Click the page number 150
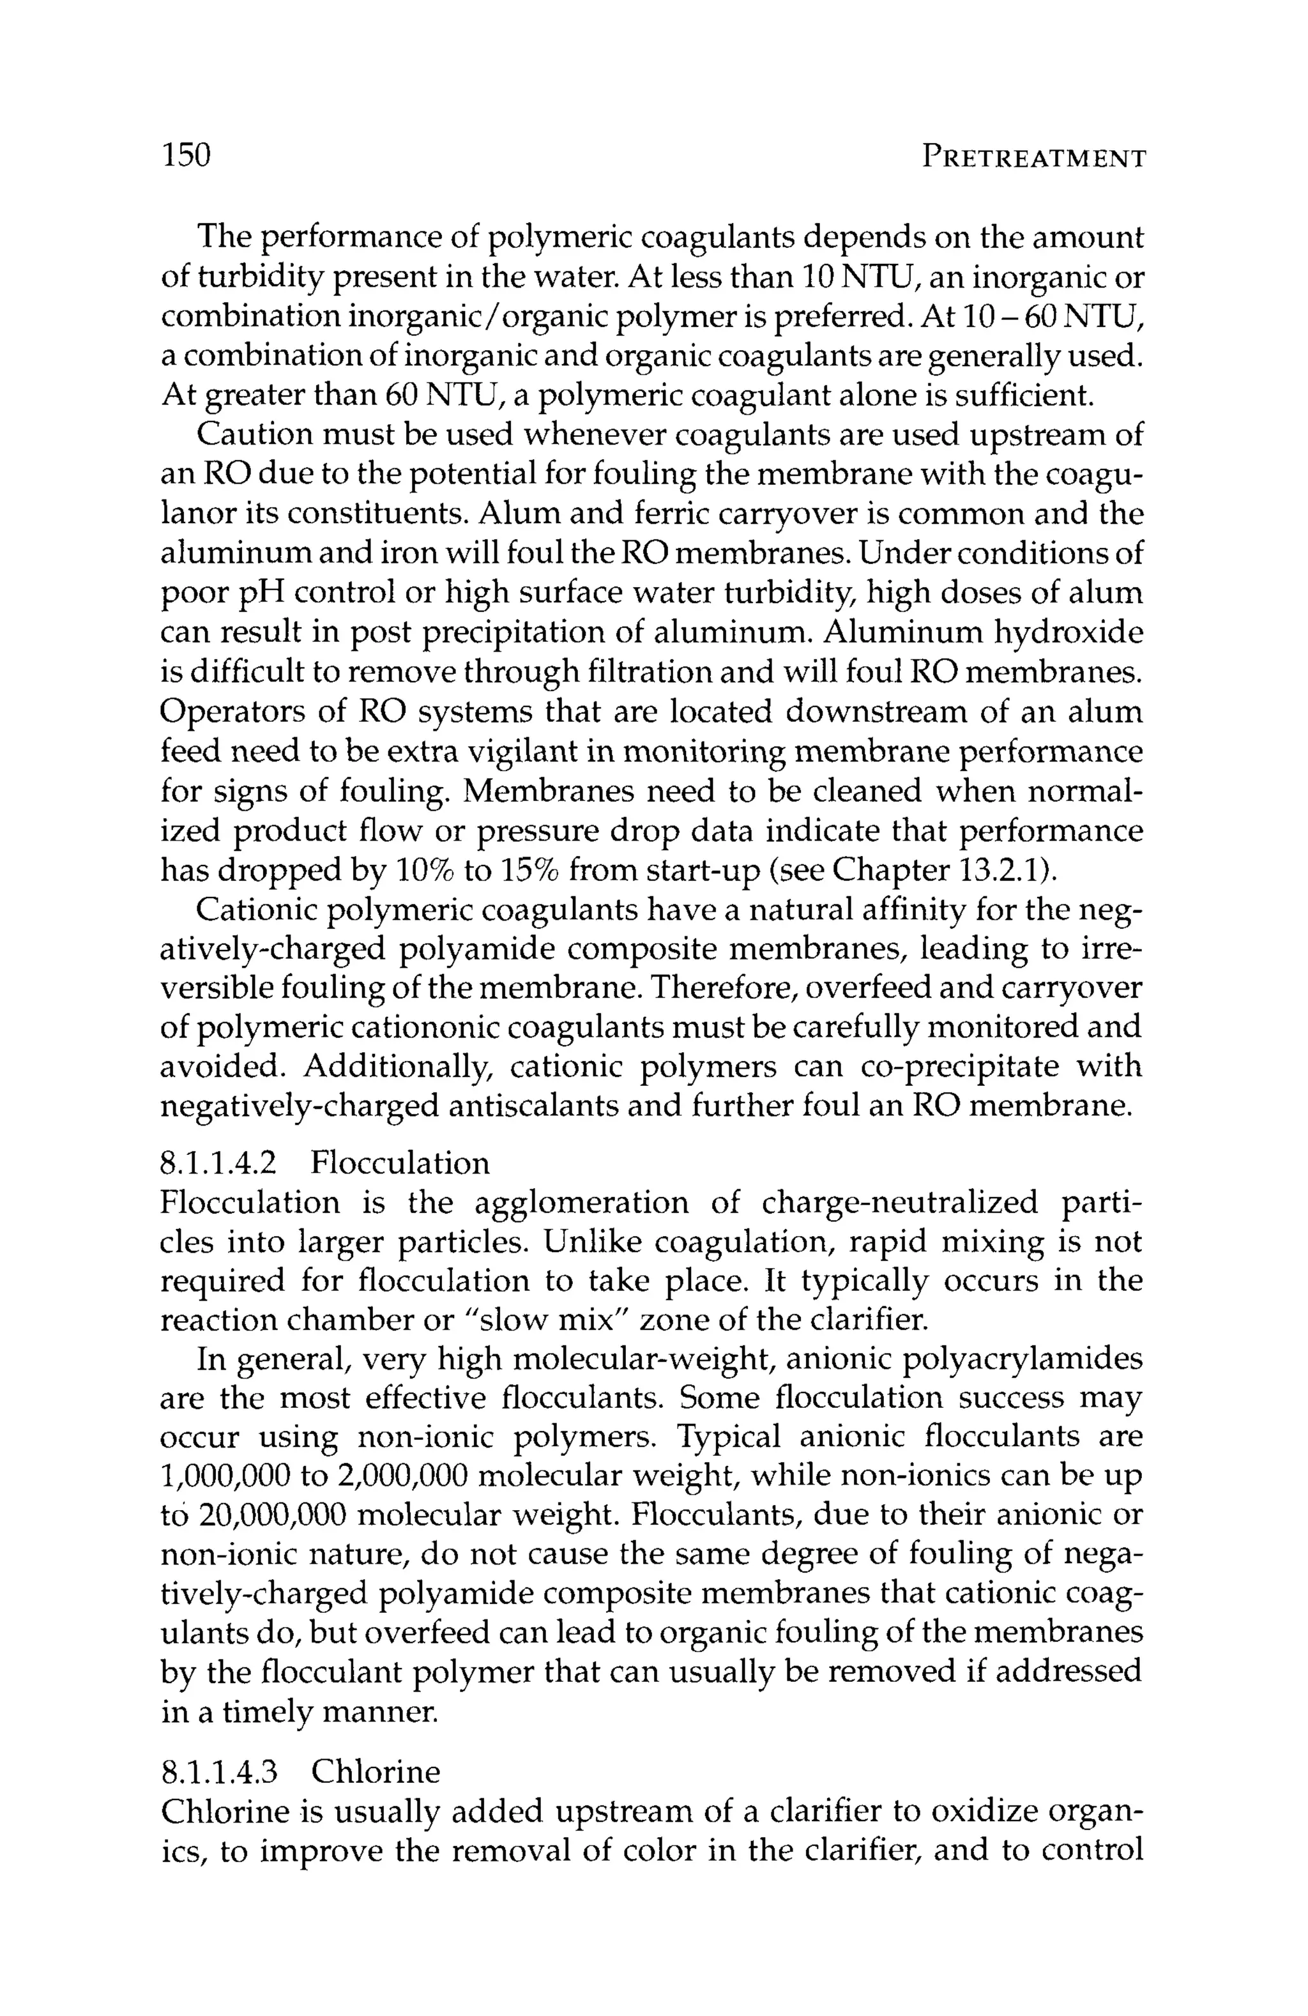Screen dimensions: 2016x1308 pyautogui.click(x=185, y=155)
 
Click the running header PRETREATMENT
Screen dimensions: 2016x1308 pyautogui.click(x=1033, y=158)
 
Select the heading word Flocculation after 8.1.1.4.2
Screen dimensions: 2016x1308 pyautogui.click(x=400, y=1163)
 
